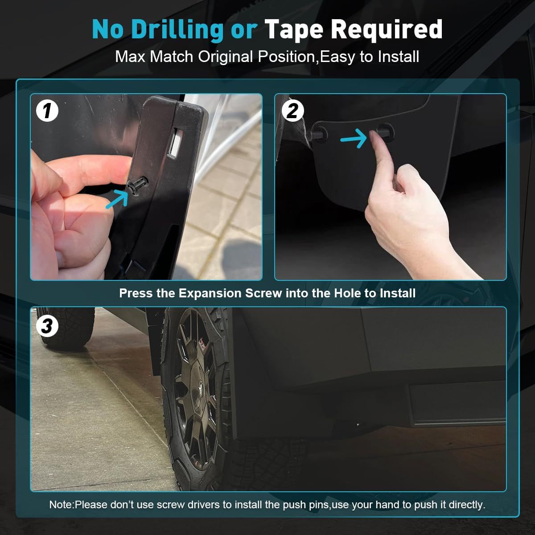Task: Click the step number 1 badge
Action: pos(47,111)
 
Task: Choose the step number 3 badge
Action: pos(47,326)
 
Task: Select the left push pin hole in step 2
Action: pos(320,132)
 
